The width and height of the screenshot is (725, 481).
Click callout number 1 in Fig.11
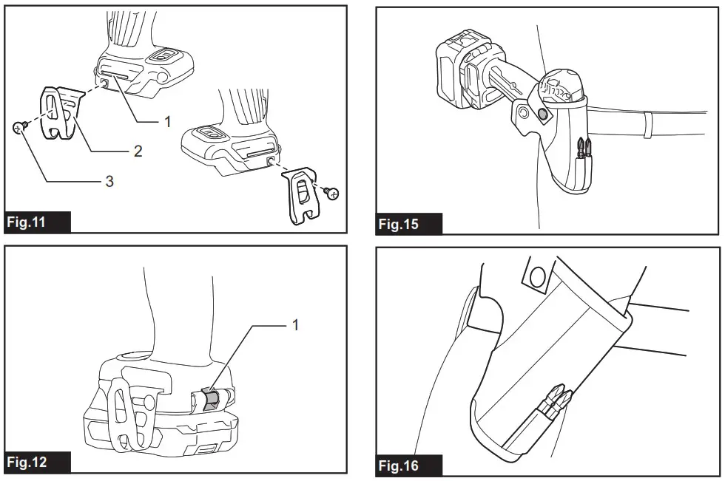click(x=167, y=120)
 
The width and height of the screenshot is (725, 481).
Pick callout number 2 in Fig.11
click(x=138, y=151)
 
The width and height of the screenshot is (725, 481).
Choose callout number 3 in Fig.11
click(x=109, y=181)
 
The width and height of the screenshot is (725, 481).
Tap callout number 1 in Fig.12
click(x=296, y=324)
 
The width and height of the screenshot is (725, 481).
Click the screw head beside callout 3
click(x=19, y=128)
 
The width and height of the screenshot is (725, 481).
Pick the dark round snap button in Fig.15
click(x=544, y=115)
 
